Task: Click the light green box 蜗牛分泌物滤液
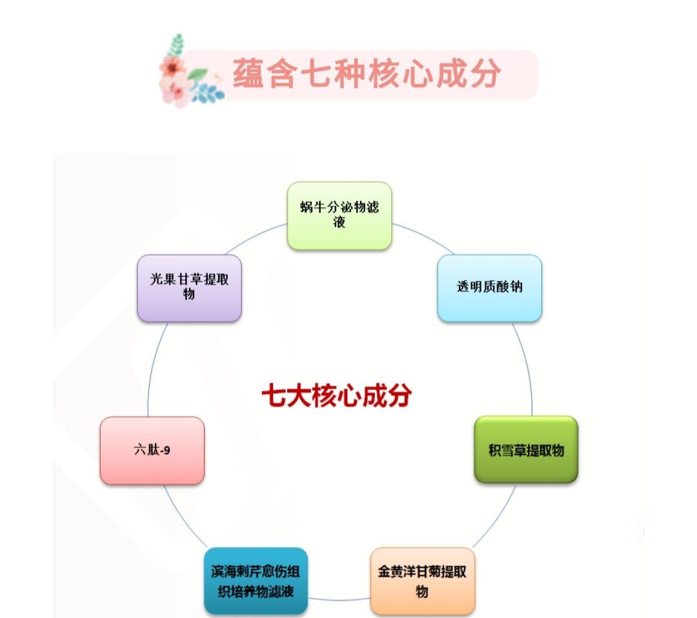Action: [339, 216]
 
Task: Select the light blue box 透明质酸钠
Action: [489, 288]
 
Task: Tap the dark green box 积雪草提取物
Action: [526, 449]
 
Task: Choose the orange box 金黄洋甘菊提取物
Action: [422, 581]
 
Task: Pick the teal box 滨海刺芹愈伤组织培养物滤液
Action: [256, 581]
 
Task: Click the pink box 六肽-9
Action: [152, 450]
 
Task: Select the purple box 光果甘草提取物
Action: [189, 288]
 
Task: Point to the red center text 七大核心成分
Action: [336, 396]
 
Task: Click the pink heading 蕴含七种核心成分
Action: [366, 74]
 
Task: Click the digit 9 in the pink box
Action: [167, 451]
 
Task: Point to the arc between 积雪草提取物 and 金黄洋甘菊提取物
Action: [498, 517]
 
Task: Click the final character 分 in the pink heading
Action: [485, 74]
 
